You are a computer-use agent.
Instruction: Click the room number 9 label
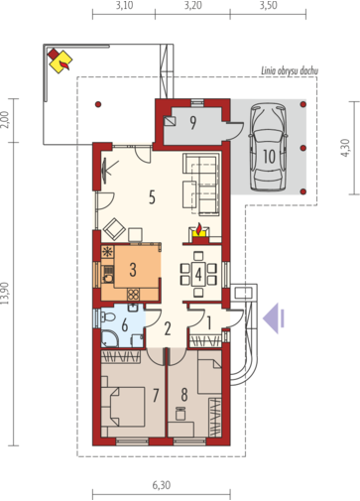(193, 123)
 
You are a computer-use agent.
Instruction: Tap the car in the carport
(268, 147)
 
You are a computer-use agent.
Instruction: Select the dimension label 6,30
(162, 485)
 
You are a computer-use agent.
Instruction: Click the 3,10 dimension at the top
(125, 6)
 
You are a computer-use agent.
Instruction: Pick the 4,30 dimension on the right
(345, 148)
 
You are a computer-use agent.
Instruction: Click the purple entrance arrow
(274, 318)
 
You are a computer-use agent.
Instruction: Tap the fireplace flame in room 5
(198, 229)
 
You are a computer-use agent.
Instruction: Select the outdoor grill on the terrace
(60, 61)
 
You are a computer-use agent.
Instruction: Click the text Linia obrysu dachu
(290, 70)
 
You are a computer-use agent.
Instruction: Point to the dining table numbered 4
(198, 274)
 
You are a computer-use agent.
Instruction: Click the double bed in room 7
(123, 407)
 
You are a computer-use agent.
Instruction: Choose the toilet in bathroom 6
(107, 317)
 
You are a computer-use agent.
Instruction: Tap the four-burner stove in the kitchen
(133, 294)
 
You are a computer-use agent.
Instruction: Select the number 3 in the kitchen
(133, 270)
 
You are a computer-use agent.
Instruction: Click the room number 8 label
(184, 395)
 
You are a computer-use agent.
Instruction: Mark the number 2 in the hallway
(168, 329)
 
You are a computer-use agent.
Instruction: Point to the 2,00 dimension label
(5, 120)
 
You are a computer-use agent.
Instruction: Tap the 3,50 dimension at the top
(268, 6)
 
